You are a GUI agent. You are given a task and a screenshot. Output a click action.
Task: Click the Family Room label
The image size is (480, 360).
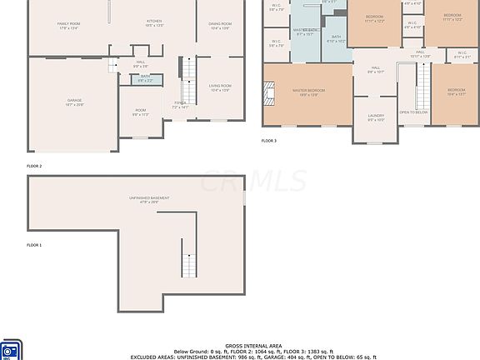(x=68, y=26)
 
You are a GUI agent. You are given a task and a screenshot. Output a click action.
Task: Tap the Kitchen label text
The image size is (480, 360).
(x=154, y=22)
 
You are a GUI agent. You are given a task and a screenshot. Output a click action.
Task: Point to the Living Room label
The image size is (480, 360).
(x=220, y=87)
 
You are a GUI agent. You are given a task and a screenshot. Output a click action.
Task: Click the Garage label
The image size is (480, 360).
(x=74, y=102)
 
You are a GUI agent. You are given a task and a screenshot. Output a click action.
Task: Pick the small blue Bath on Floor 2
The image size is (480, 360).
(x=145, y=78)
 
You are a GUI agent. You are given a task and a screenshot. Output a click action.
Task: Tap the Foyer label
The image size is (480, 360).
(x=180, y=105)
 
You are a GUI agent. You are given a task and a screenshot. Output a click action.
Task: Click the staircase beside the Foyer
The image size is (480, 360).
(x=188, y=83)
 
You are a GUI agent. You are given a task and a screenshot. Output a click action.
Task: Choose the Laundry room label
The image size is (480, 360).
(x=376, y=117)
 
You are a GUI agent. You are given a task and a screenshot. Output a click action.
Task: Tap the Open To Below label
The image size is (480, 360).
(x=413, y=112)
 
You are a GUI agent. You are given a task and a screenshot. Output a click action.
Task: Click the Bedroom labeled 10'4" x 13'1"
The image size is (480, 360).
(x=456, y=92)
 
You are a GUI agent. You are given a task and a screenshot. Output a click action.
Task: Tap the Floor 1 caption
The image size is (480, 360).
(x=34, y=245)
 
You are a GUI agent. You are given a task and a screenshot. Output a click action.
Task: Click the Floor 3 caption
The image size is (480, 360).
(x=269, y=141)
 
